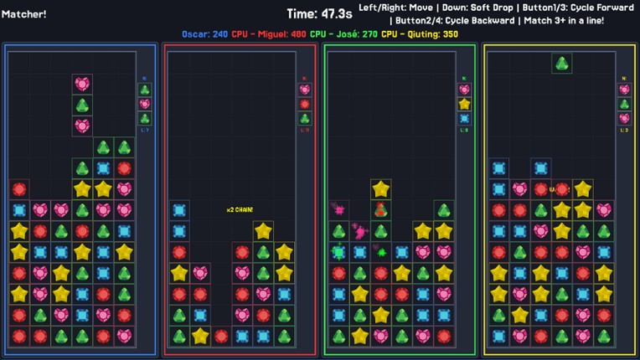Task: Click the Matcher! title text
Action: click(x=24, y=13)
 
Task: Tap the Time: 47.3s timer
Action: click(x=319, y=13)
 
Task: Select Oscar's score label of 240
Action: click(x=205, y=34)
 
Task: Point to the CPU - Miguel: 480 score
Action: click(x=269, y=34)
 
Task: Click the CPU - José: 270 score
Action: click(x=344, y=34)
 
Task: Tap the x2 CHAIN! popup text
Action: click(x=240, y=209)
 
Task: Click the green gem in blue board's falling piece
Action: click(x=82, y=105)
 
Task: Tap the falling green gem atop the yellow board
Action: click(x=562, y=63)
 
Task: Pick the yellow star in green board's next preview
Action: click(x=464, y=104)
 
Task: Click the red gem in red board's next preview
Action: click(x=305, y=104)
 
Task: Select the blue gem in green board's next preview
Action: click(x=464, y=118)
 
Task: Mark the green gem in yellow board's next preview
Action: click(x=624, y=104)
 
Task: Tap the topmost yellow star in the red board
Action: click(x=263, y=230)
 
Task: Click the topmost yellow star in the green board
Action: click(x=381, y=188)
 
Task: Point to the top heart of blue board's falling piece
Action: click(x=82, y=84)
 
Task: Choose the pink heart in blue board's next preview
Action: click(x=145, y=104)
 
